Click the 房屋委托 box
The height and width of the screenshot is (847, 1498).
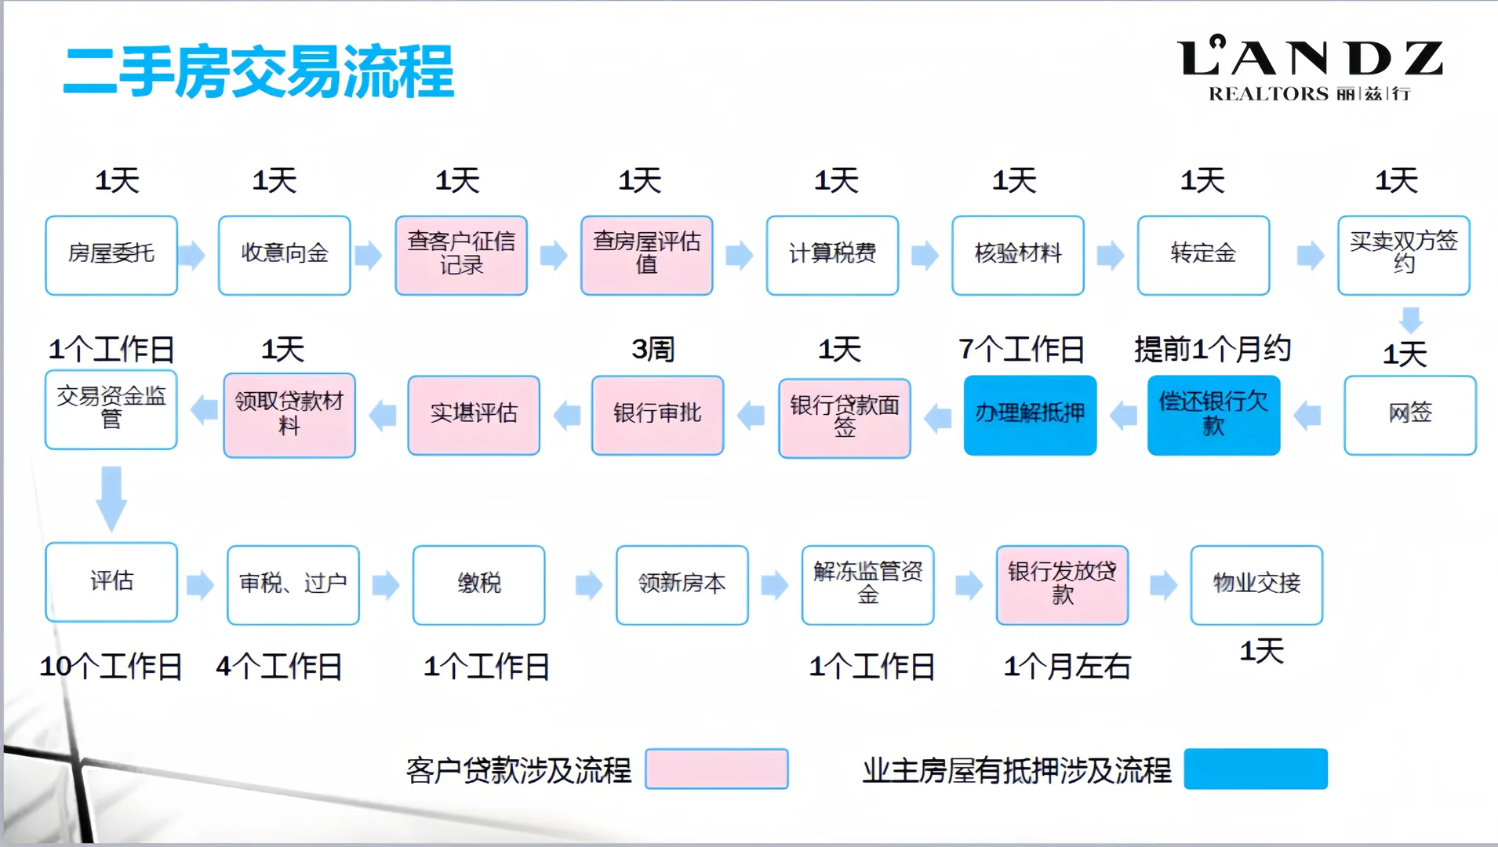click(111, 255)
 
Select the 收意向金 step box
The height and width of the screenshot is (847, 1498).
click(284, 255)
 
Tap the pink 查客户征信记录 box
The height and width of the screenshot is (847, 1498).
click(461, 255)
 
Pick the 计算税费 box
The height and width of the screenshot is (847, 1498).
click(832, 255)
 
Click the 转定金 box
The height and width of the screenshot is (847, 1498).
click(1203, 255)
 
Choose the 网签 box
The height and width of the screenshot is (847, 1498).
click(1409, 415)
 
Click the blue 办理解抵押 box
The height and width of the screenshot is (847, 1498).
click(1030, 415)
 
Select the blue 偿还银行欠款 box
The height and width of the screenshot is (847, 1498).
click(1213, 415)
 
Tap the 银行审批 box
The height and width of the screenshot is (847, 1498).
click(657, 415)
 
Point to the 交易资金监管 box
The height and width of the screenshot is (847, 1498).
click(111, 409)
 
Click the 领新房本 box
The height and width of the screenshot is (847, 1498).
click(682, 584)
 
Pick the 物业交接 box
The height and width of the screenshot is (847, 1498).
click(1256, 584)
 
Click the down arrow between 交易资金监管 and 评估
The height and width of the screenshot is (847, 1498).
click(111, 497)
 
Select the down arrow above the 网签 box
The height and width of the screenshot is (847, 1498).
click(1411, 319)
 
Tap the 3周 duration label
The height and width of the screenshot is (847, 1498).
click(653, 349)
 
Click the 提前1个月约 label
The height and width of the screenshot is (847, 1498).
click(1212, 349)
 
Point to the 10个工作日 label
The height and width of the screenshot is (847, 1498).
click(111, 667)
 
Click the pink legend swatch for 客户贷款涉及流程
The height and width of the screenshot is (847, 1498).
click(716, 769)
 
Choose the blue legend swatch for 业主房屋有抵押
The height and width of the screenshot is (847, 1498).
click(1255, 769)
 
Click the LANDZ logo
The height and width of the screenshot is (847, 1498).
click(1310, 69)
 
